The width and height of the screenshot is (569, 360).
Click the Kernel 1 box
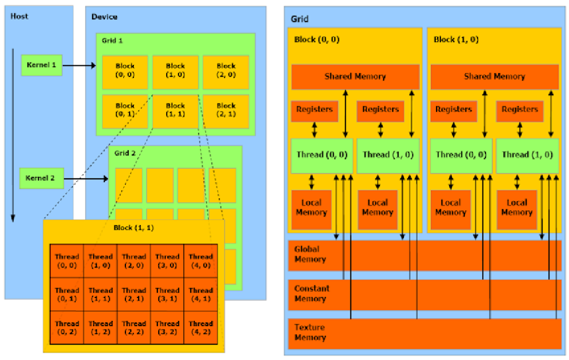41,65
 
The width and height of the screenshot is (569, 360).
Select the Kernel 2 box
41,178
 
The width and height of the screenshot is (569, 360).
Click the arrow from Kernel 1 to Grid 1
78,66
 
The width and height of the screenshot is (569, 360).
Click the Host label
19,16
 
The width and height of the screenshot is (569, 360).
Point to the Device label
104,16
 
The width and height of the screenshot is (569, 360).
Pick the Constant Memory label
312,293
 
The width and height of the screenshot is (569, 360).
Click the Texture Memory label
310,332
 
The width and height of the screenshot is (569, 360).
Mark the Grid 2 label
125,153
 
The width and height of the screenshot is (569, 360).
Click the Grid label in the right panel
300,19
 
